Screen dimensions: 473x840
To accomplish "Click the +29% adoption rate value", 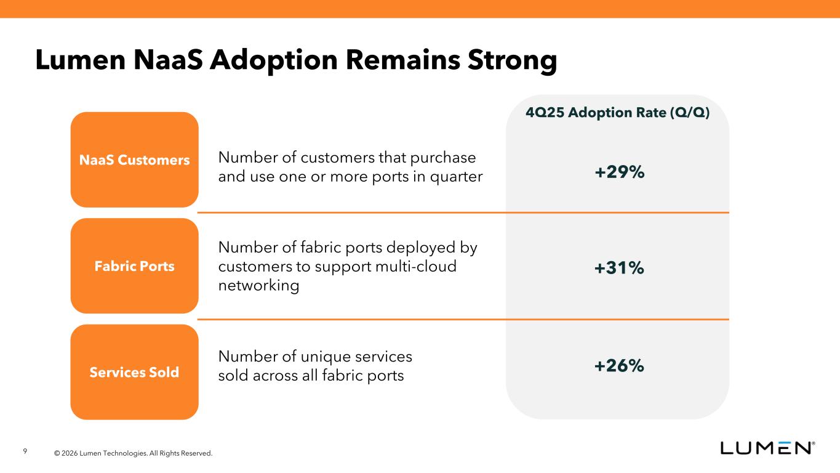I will [x=619, y=172].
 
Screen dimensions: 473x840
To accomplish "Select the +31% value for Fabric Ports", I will [x=619, y=267].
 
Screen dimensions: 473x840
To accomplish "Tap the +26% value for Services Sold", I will [x=619, y=366].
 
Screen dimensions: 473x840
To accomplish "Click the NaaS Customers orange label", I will [x=134, y=160].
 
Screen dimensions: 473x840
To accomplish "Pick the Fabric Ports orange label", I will [x=134, y=266].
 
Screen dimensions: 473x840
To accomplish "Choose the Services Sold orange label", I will [x=134, y=372].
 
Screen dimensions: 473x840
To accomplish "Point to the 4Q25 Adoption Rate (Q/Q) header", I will [x=618, y=113].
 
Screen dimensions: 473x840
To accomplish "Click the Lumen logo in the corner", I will [x=768, y=448].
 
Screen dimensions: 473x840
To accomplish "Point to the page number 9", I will [x=25, y=452].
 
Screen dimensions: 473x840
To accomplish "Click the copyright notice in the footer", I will [x=133, y=453].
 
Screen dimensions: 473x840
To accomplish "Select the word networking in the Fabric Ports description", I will [x=258, y=286].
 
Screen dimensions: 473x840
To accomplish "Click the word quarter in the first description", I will [x=455, y=177].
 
